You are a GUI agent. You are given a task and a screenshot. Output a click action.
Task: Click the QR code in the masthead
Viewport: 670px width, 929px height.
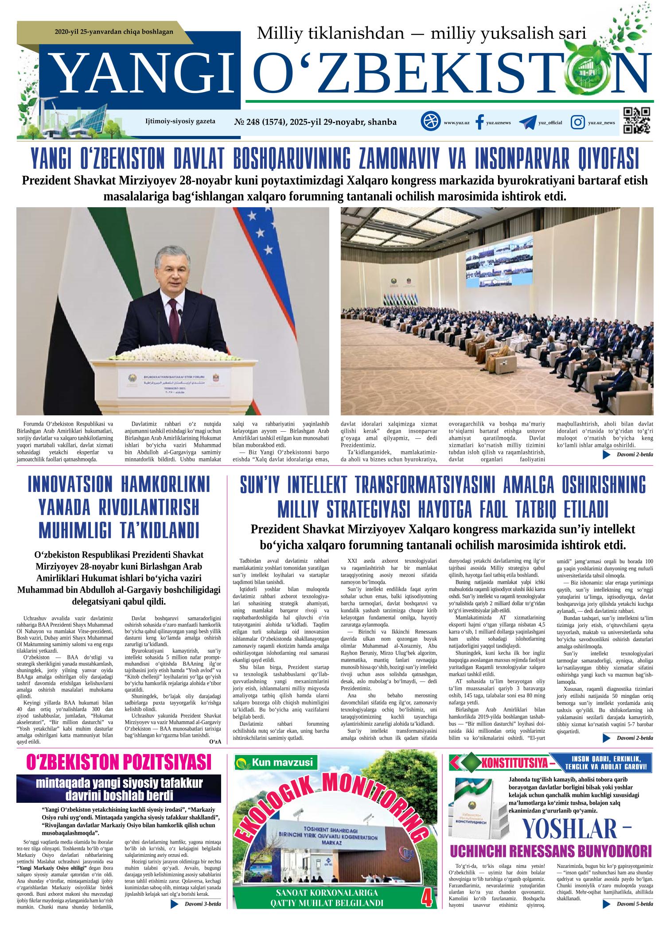pos(636,120)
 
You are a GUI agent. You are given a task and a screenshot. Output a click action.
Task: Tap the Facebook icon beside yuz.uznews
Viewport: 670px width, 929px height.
pos(479,122)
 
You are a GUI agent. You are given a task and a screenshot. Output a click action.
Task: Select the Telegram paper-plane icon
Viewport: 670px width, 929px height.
pos(527,122)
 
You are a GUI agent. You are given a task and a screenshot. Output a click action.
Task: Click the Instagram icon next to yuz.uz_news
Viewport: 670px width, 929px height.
pos(577,122)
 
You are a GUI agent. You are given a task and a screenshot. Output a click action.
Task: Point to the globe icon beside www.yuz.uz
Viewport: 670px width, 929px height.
pos(429,122)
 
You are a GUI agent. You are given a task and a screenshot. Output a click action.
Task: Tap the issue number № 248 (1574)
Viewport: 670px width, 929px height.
pos(260,122)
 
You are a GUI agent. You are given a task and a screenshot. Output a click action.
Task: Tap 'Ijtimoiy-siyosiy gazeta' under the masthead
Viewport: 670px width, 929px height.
pos(180,121)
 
